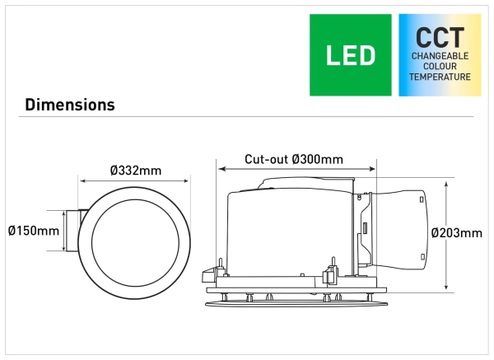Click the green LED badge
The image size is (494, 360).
tap(351, 55)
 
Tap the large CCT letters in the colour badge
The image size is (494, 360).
tap(440, 37)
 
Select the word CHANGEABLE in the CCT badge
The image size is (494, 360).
tap(440, 56)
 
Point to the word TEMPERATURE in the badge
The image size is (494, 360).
tap(440, 77)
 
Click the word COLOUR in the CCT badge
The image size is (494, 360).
tap(440, 67)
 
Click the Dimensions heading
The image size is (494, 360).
tap(70, 105)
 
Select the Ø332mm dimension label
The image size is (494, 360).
tap(136, 171)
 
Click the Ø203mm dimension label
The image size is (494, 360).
tap(456, 233)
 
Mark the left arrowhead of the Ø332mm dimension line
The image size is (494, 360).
tap(82, 181)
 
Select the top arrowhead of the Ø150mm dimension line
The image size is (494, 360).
tap(63, 209)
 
